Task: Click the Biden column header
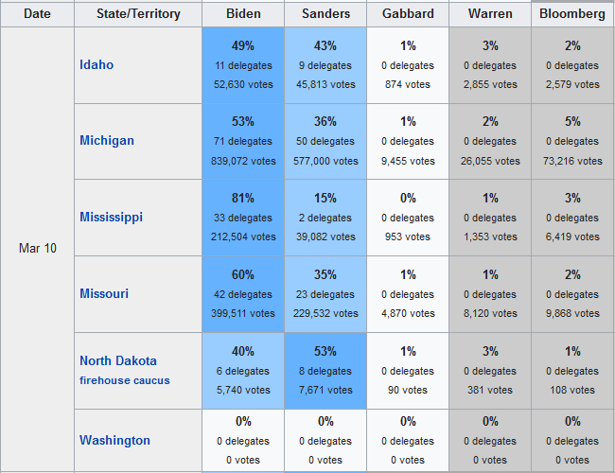pyautogui.click(x=243, y=14)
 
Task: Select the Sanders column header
pyautogui.click(x=325, y=14)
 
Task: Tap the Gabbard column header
pyautogui.click(x=408, y=14)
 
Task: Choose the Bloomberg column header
pyautogui.click(x=571, y=14)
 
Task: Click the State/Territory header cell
pyautogui.click(x=138, y=14)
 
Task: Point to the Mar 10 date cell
pyautogui.click(x=37, y=248)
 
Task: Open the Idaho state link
pyautogui.click(x=97, y=64)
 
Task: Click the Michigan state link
pyautogui.click(x=107, y=140)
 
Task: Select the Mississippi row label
pyautogui.click(x=112, y=217)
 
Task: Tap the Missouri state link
pyautogui.click(x=104, y=293)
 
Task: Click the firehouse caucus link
pyautogui.click(x=125, y=380)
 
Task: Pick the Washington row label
pyautogui.click(x=114, y=440)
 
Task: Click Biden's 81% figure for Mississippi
pyautogui.click(x=243, y=199)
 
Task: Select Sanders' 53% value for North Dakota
pyautogui.click(x=325, y=352)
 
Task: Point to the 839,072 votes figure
pyautogui.click(x=243, y=161)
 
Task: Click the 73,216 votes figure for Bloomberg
pyautogui.click(x=571, y=161)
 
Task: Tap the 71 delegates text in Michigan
pyautogui.click(x=243, y=141)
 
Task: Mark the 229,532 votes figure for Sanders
pyautogui.click(x=325, y=313)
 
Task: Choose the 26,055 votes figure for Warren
pyautogui.click(x=490, y=161)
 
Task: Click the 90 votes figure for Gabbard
pyautogui.click(x=408, y=390)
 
